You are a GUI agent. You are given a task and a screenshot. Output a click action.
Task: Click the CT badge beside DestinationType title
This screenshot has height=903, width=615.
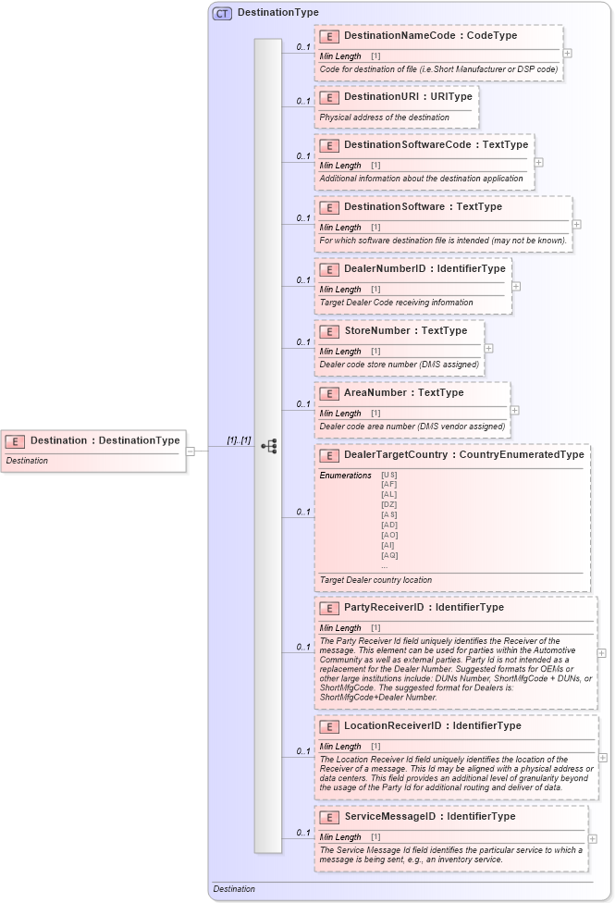point(222,13)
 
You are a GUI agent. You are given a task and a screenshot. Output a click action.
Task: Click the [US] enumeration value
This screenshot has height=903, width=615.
point(388,475)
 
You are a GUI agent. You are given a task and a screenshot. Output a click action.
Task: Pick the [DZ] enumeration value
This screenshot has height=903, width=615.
point(388,504)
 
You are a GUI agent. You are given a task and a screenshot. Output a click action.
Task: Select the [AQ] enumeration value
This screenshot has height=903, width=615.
point(389,555)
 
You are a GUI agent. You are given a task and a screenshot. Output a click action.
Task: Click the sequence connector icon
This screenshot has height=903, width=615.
point(269,447)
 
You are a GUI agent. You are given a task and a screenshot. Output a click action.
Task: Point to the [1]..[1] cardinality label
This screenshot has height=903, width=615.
point(239,440)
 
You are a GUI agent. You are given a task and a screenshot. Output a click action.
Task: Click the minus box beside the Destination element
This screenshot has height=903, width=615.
point(191,451)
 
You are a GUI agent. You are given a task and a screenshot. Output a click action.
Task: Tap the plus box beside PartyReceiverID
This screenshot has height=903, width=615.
point(602,652)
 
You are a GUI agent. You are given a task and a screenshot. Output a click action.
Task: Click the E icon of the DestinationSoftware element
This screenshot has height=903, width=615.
point(328,207)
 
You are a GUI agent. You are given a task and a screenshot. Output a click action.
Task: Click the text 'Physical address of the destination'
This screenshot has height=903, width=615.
point(384,118)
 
